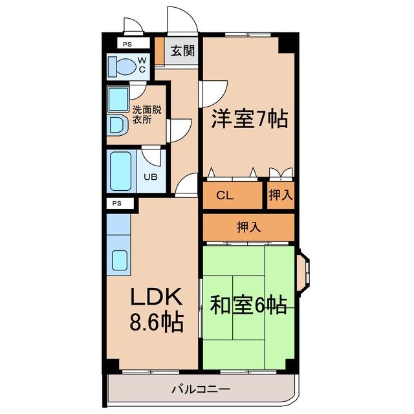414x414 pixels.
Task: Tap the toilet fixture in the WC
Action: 121,66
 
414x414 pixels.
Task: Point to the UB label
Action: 150,177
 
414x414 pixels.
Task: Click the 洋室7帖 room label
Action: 249,120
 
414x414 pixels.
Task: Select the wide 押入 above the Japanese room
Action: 249,226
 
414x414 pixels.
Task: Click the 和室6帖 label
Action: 248,304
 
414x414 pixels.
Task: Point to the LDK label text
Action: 157,296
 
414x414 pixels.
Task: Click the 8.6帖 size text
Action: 157,321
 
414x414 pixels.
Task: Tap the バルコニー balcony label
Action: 201,389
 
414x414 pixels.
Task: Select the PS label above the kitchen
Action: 117,203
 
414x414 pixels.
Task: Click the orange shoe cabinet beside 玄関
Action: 159,50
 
